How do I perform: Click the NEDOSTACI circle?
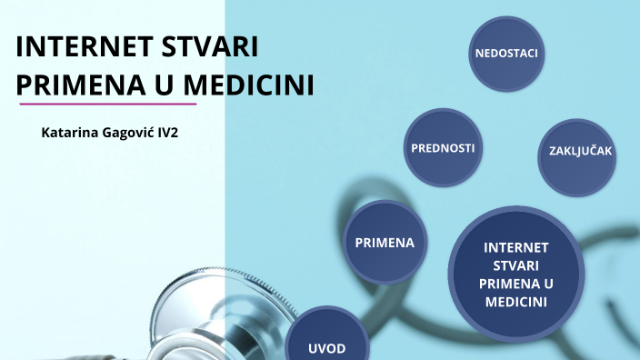coord(506,54)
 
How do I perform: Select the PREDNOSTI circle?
coord(443,147)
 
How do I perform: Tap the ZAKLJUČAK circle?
coord(581,151)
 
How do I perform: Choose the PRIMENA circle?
coord(384,243)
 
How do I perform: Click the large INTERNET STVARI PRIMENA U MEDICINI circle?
coord(515,273)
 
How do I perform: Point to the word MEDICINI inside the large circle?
coord(515,301)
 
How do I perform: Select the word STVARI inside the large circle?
coord(515,265)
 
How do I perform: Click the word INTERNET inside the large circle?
coord(515,246)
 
